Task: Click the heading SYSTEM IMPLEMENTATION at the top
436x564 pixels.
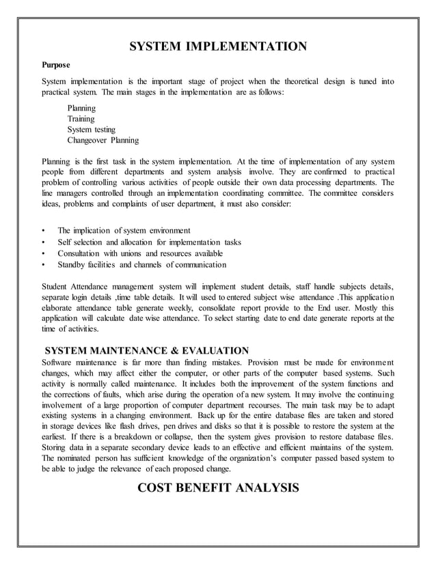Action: coord(218,47)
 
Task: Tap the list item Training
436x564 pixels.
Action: coord(81,118)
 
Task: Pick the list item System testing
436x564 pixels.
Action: coord(92,129)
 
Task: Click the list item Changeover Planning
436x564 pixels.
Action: coord(103,140)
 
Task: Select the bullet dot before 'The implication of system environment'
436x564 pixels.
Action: coord(44,230)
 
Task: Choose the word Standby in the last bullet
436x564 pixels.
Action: coord(72,265)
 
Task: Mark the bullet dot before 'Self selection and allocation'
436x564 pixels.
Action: coord(44,242)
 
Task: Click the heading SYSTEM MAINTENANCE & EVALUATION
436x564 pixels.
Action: coord(146,350)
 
